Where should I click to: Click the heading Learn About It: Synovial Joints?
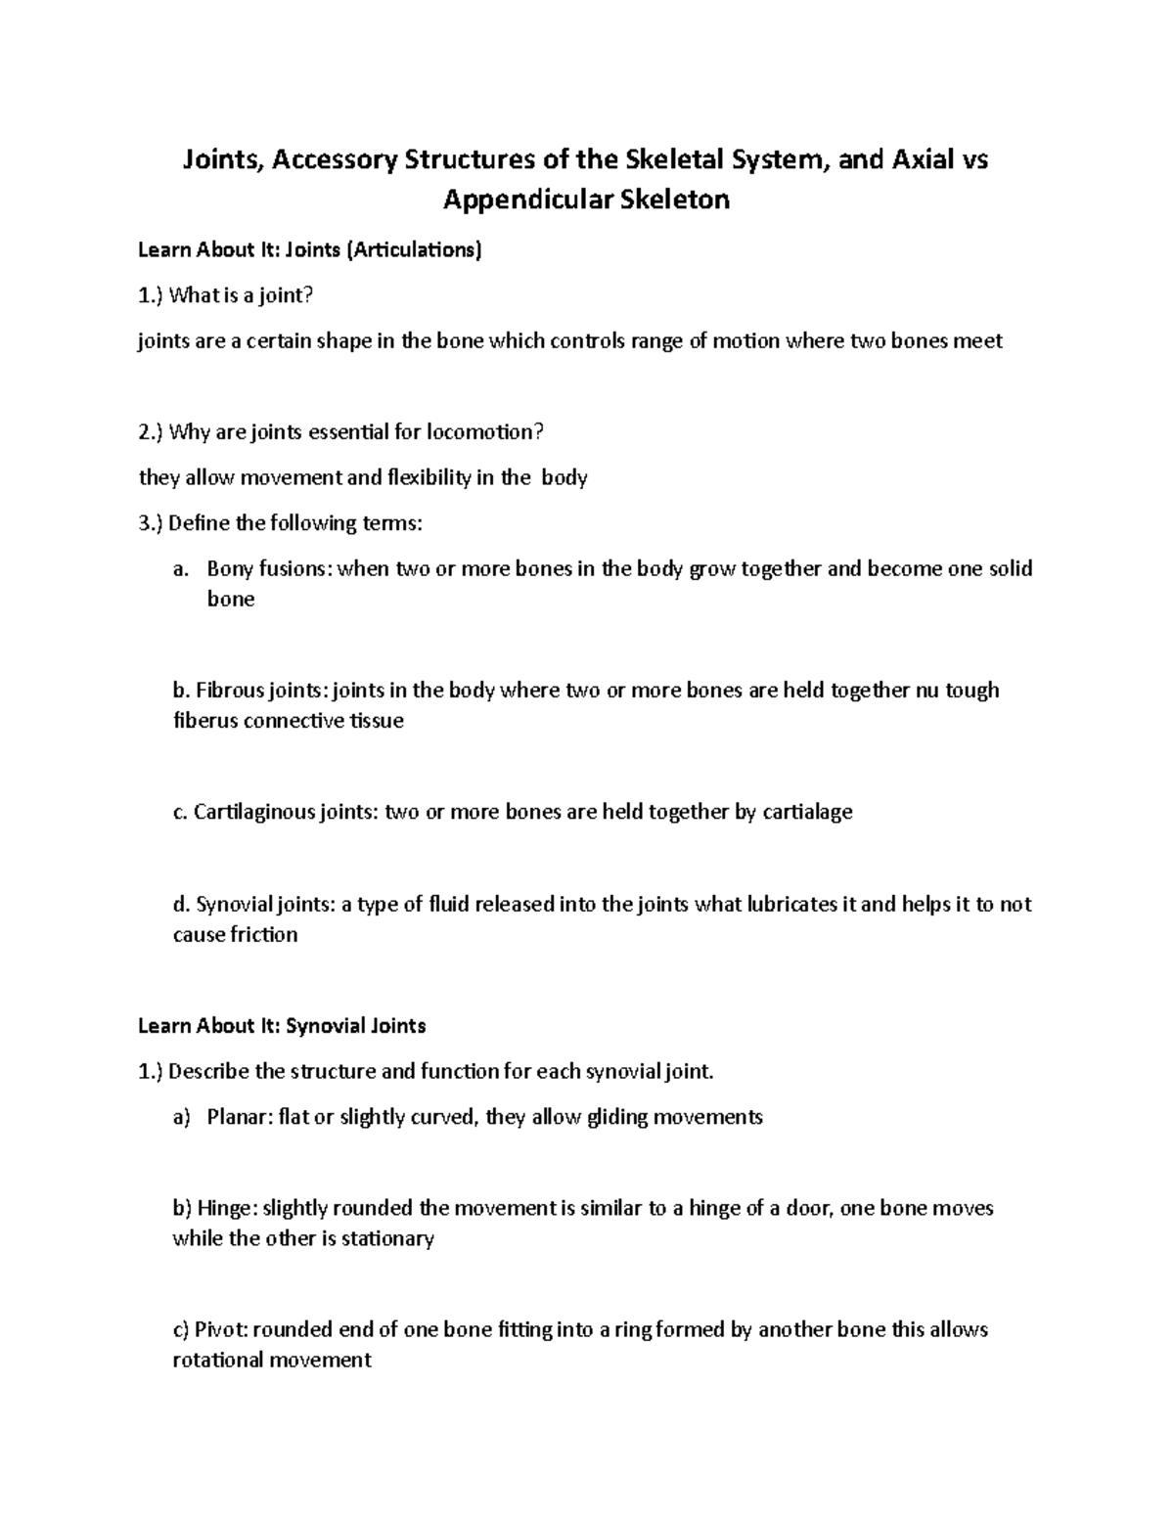click(x=282, y=1026)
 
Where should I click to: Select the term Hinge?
click(x=227, y=1208)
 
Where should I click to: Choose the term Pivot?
click(x=225, y=1329)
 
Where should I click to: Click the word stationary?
click(x=387, y=1238)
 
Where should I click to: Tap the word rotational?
click(x=217, y=1360)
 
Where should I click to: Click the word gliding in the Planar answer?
click(x=616, y=1116)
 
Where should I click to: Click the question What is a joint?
click(x=243, y=295)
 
